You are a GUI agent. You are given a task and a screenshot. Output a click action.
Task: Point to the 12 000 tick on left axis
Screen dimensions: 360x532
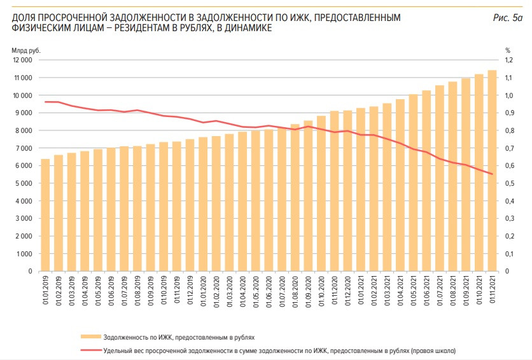click(x=22, y=60)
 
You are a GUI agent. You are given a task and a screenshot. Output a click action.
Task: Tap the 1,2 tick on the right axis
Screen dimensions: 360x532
click(x=508, y=60)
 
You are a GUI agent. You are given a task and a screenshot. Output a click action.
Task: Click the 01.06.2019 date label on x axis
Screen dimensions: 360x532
click(x=111, y=292)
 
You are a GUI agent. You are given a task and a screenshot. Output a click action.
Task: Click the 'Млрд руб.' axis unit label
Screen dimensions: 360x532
click(x=24, y=50)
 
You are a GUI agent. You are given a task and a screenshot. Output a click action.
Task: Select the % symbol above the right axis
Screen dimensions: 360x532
click(x=508, y=50)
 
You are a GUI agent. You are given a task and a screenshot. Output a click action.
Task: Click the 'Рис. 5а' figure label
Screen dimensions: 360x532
click(x=507, y=18)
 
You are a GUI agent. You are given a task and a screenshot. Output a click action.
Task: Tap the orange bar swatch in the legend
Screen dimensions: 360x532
click(x=91, y=336)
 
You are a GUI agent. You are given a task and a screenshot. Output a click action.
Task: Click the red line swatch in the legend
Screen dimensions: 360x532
click(x=91, y=350)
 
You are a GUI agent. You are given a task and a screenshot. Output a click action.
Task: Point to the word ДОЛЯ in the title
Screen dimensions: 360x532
click(x=25, y=18)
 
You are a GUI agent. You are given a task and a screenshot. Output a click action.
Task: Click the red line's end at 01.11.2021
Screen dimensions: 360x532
click(x=492, y=174)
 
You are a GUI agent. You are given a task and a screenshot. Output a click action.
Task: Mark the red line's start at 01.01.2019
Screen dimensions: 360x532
click(x=45, y=102)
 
